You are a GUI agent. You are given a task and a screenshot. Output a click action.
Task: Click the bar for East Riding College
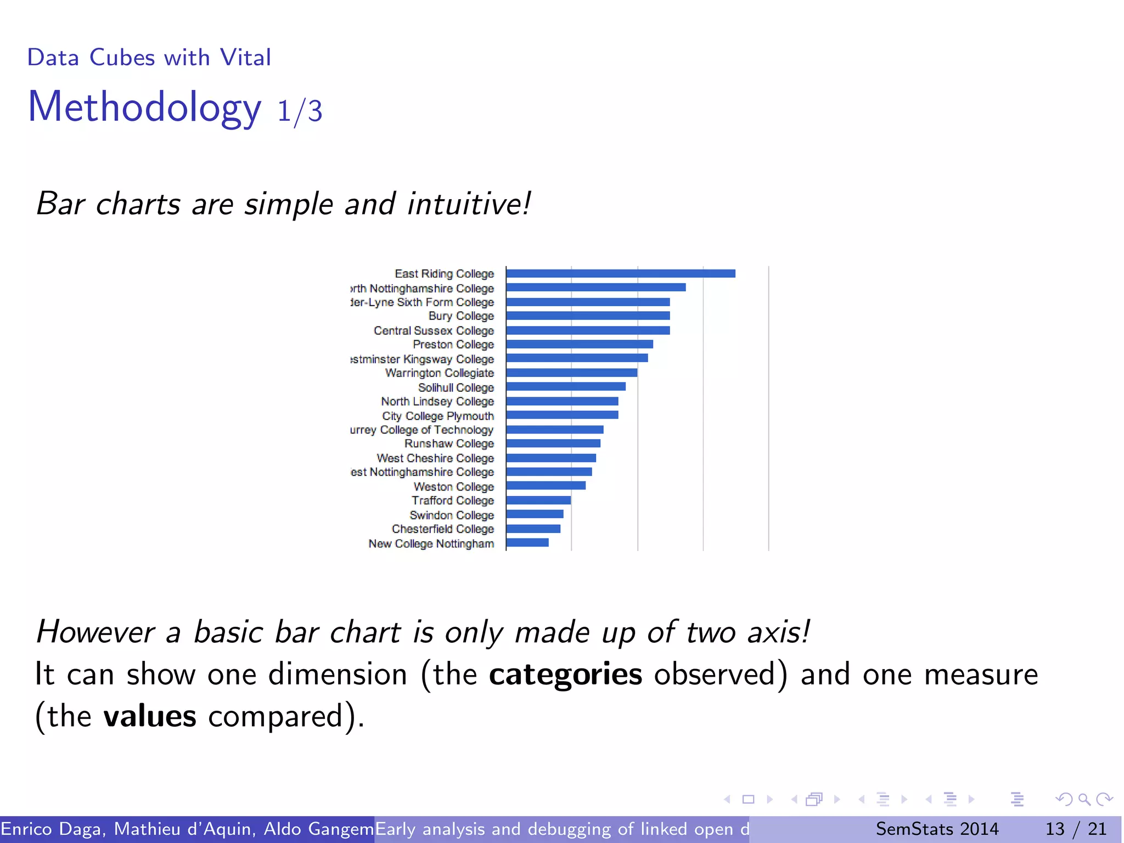(x=620, y=273)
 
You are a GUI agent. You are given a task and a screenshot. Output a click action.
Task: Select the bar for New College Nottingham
(x=527, y=543)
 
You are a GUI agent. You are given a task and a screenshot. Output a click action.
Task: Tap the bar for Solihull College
(x=565, y=387)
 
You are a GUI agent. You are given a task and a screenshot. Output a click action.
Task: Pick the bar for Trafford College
(x=538, y=500)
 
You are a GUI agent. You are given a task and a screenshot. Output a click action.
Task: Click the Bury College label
(x=461, y=316)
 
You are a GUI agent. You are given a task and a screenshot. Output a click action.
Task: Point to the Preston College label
(x=453, y=345)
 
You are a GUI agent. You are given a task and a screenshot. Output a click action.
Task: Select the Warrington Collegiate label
(x=439, y=373)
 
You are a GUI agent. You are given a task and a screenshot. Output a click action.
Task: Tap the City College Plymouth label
(x=438, y=416)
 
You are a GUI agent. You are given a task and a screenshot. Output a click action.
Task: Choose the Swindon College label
(x=452, y=515)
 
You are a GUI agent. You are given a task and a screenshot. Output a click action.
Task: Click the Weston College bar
(x=546, y=486)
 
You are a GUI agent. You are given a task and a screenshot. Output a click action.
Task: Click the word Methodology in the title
(x=144, y=107)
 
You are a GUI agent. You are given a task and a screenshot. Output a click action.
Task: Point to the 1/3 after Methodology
(x=300, y=111)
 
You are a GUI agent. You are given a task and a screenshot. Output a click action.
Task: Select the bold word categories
(x=565, y=675)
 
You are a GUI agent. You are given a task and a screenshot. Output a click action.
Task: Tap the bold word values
(x=149, y=716)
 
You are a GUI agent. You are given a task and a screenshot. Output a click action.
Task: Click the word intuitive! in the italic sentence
(x=469, y=204)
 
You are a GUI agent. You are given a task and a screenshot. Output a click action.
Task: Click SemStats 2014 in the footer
(x=937, y=829)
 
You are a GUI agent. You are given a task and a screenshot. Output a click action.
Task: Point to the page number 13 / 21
(x=1076, y=829)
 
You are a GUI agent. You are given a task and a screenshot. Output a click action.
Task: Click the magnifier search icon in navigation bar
(x=1084, y=799)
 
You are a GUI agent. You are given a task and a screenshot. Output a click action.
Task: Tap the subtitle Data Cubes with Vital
(x=149, y=58)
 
